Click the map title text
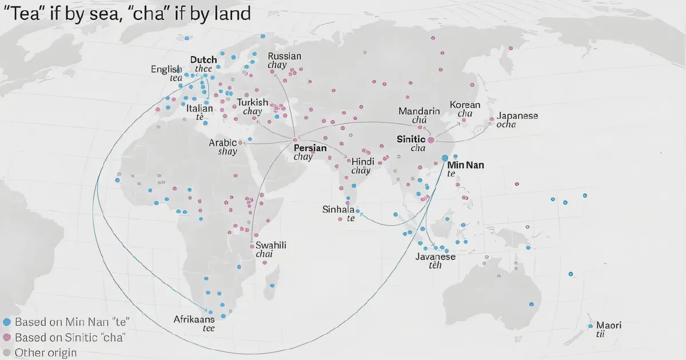[x=127, y=14]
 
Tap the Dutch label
[x=204, y=60]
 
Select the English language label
[x=166, y=70]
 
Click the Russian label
[x=284, y=57]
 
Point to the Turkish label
[x=253, y=103]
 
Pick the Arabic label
[x=223, y=143]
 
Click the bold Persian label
[x=310, y=148]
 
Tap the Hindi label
[x=362, y=162]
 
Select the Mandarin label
[x=419, y=111]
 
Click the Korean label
[x=465, y=105]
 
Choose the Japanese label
[x=517, y=116]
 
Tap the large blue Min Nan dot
[x=444, y=158]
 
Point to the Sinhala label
[x=338, y=210]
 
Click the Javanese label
[x=436, y=257]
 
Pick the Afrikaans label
[x=194, y=319]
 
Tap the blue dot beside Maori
[x=591, y=326]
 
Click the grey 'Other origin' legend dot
[x=6, y=353]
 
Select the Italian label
[x=200, y=108]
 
